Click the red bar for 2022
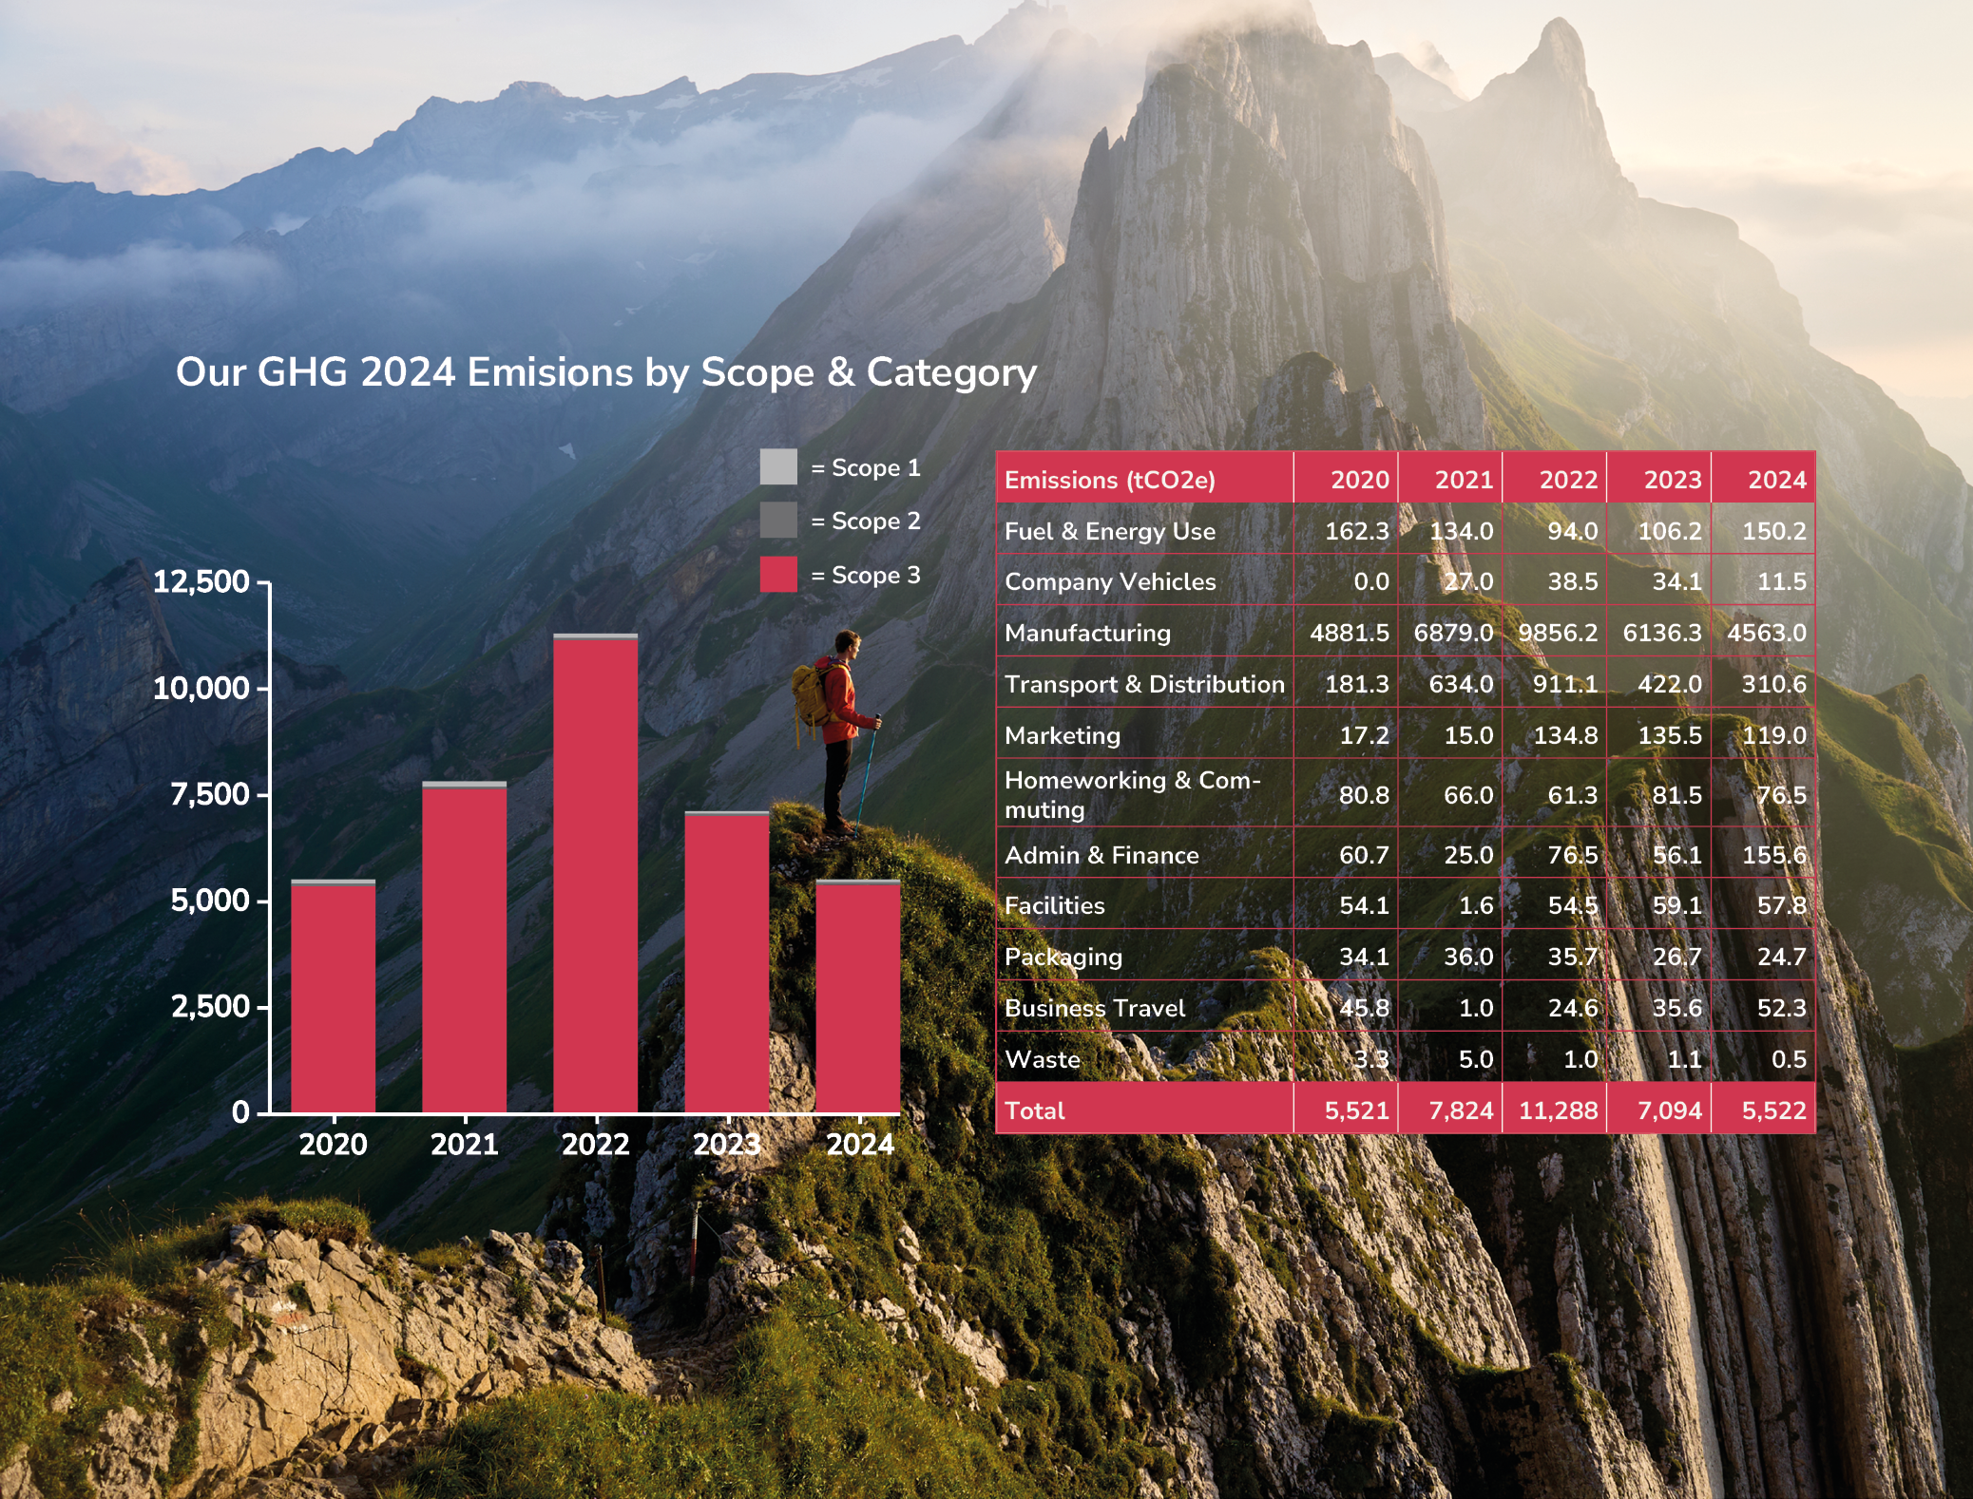click(596, 874)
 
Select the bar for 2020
click(333, 997)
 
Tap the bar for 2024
click(858, 997)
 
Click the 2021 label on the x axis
click(464, 1144)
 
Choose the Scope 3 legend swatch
click(778, 575)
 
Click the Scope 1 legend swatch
click(778, 467)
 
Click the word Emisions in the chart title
click(550, 372)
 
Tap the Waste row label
click(1043, 1059)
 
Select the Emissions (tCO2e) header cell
click(1110, 480)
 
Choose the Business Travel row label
click(1095, 1008)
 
